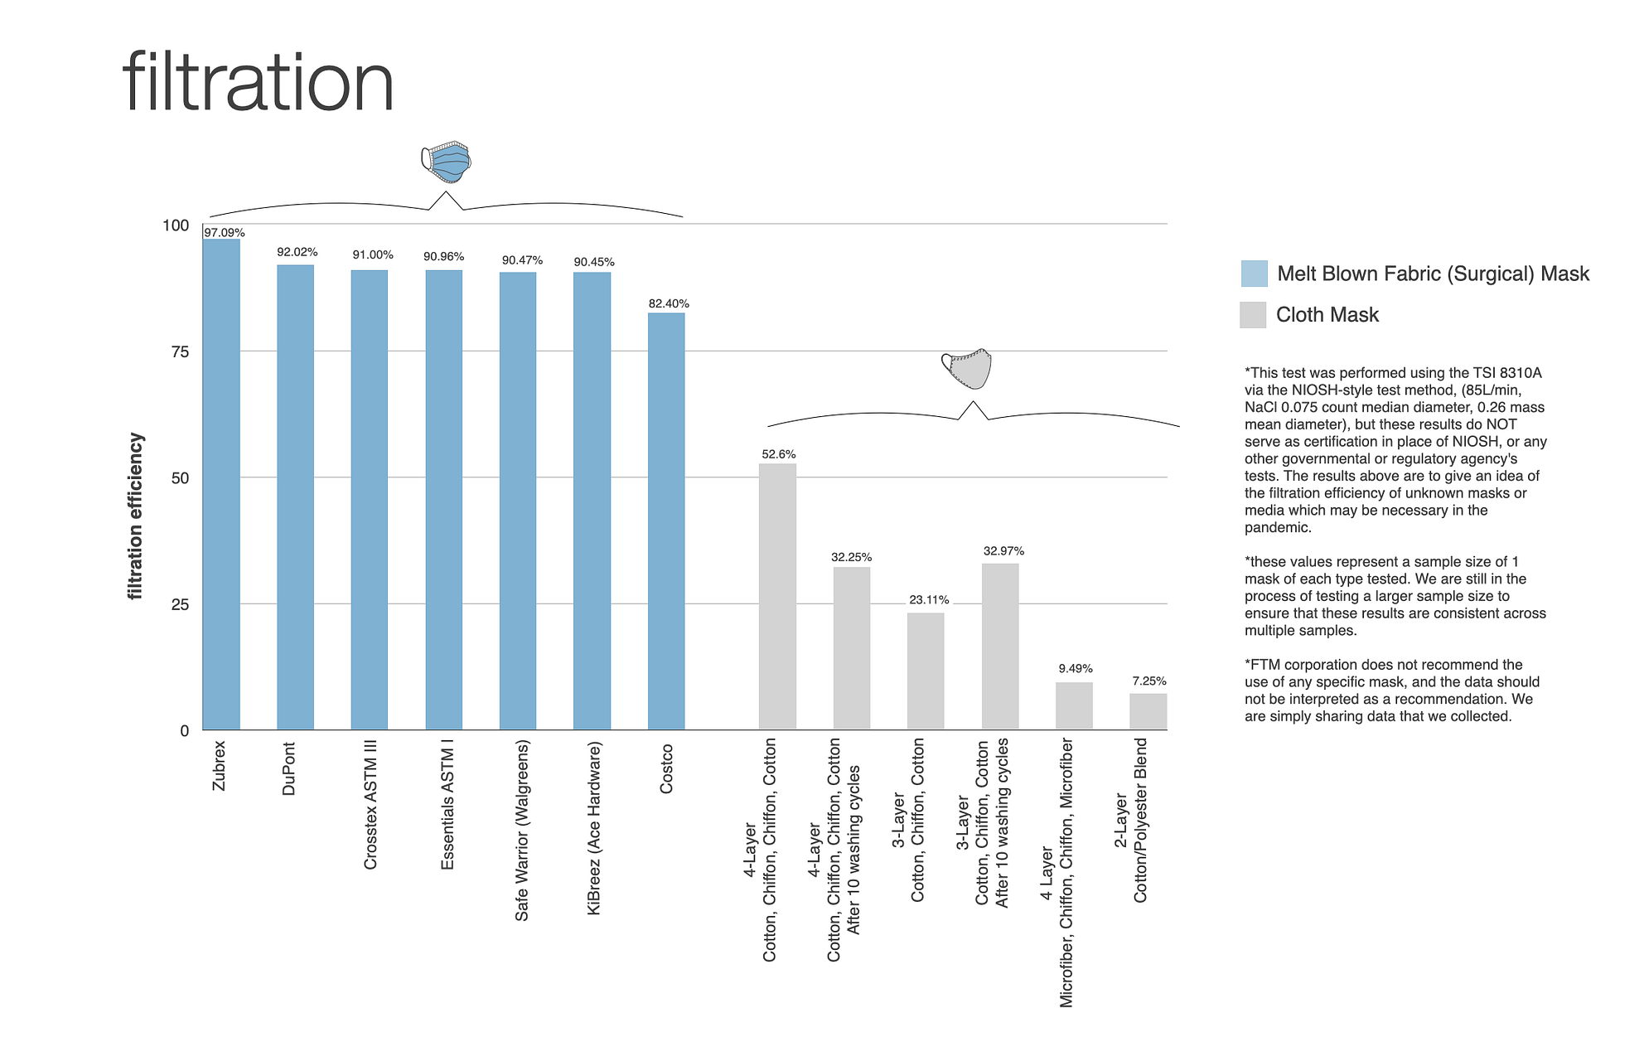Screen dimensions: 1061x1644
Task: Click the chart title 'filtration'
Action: click(258, 82)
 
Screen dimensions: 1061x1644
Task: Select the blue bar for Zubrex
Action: click(221, 484)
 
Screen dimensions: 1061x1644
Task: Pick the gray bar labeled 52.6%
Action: click(777, 596)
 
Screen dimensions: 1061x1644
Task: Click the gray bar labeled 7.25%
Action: click(1148, 711)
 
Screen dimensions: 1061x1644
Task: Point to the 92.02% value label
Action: click(297, 252)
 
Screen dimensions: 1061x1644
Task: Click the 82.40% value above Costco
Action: click(668, 303)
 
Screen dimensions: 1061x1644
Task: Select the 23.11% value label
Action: click(929, 599)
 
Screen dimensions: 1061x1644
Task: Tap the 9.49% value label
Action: click(1075, 668)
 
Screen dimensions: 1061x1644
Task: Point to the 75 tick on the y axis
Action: click(180, 352)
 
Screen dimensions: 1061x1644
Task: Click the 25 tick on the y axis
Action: click(180, 605)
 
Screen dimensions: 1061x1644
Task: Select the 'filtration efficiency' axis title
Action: click(136, 516)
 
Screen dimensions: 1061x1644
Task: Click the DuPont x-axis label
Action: click(289, 768)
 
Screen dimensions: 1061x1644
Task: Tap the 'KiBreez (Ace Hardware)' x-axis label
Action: click(593, 828)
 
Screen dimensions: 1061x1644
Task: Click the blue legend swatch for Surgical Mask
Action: click(1254, 274)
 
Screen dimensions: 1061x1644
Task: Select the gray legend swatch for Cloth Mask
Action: click(1253, 315)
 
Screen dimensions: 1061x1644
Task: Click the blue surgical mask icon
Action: click(447, 161)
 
